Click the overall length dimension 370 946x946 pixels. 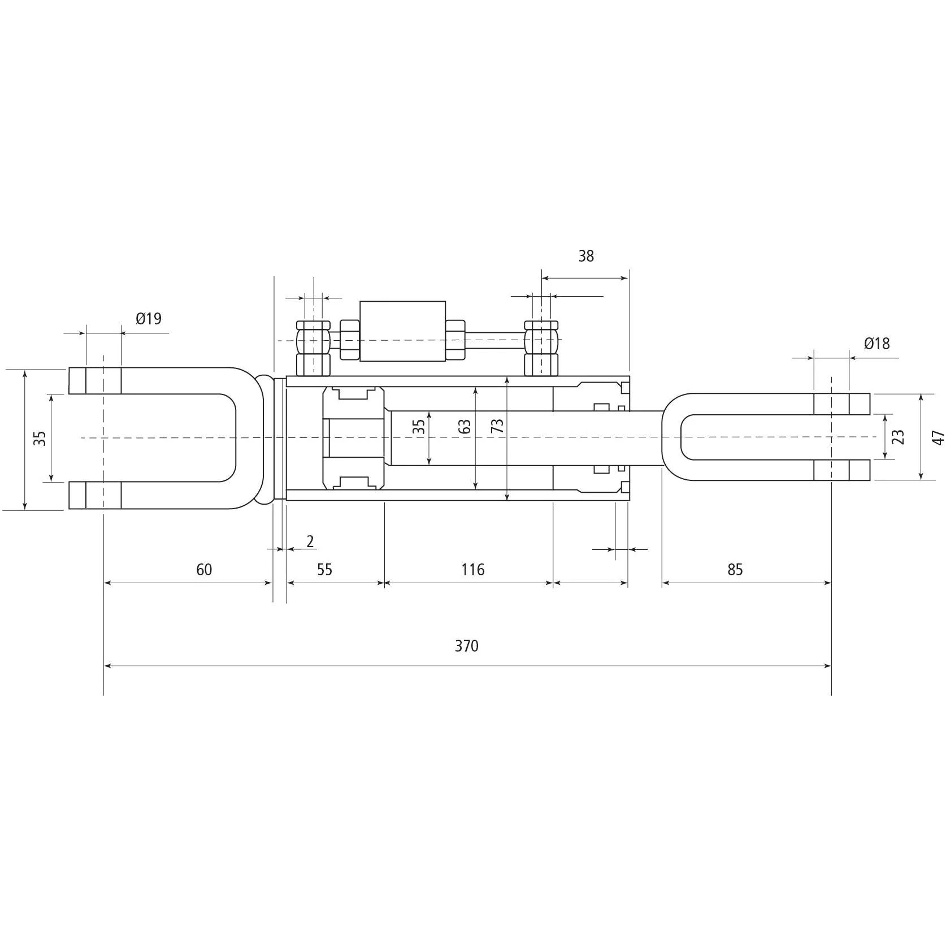tap(466, 646)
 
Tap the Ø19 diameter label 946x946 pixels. tap(149, 319)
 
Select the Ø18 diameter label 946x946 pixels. tap(876, 343)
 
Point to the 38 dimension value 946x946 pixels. tap(586, 256)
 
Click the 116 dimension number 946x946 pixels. tap(472, 569)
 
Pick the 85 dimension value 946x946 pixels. tap(735, 569)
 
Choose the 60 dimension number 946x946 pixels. tap(204, 569)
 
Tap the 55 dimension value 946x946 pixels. tap(324, 569)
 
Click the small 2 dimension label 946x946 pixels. tap(310, 541)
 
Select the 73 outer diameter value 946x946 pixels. tap(497, 426)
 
